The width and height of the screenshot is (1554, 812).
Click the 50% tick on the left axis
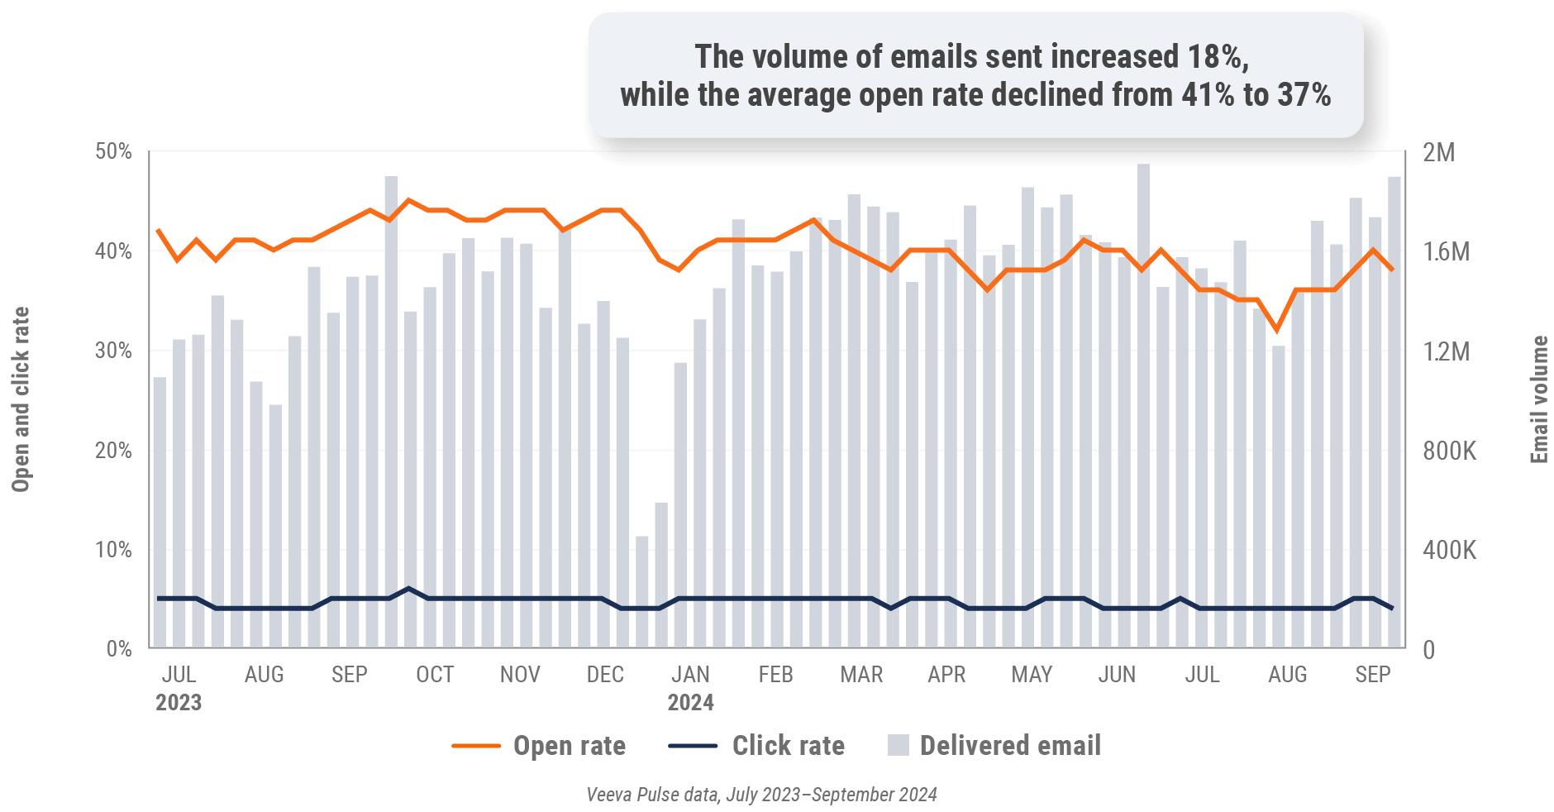[x=113, y=151]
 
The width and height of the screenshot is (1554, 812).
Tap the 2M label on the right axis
[x=1438, y=152]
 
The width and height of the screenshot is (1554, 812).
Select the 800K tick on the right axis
[x=1449, y=451]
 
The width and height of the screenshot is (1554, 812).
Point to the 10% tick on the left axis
[x=113, y=550]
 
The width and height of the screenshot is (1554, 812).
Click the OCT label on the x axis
[x=435, y=675]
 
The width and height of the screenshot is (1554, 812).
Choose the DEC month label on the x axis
[x=605, y=675]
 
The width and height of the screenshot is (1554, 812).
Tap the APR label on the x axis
[x=946, y=675]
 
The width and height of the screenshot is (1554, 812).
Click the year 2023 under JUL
[x=179, y=703]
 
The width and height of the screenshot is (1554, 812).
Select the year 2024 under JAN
[x=690, y=703]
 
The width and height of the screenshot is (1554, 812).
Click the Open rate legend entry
[x=569, y=746]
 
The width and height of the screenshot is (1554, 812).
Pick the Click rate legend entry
[x=788, y=746]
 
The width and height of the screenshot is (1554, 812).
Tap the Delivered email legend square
[x=898, y=745]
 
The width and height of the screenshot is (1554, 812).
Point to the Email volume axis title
[x=1538, y=399]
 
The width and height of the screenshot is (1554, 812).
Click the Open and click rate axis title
[x=21, y=399]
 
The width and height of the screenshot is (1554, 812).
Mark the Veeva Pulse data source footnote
[x=761, y=795]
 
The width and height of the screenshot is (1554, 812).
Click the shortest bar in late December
[x=642, y=591]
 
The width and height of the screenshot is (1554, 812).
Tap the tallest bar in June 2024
[x=1143, y=405]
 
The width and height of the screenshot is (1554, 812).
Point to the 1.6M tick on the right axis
[x=1446, y=251]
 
